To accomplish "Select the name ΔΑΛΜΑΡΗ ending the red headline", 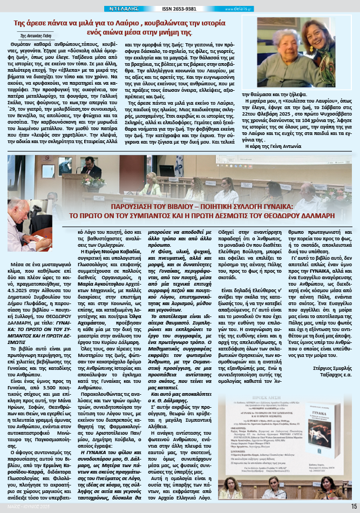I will coord(318,214).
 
